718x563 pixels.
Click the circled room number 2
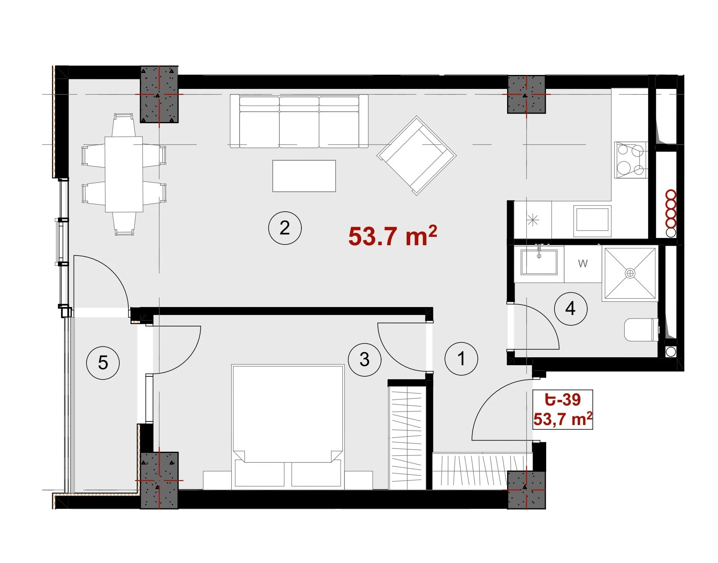[285, 228]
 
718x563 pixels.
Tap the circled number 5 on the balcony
[103, 363]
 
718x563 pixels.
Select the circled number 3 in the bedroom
[364, 360]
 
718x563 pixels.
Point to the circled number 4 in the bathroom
[570, 308]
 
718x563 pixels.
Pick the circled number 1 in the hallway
[461, 358]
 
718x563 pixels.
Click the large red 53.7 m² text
[393, 236]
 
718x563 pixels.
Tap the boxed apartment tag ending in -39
[563, 409]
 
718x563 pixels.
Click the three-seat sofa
[299, 121]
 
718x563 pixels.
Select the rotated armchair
[417, 156]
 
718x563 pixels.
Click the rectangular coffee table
[304, 176]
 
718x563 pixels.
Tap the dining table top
[124, 174]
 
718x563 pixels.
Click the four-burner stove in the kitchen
[630, 160]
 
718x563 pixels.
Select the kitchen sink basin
[592, 219]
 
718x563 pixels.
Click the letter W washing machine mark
[583, 264]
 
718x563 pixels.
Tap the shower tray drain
[630, 274]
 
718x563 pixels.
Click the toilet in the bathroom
[641, 329]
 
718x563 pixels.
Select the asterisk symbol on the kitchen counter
[533, 220]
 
